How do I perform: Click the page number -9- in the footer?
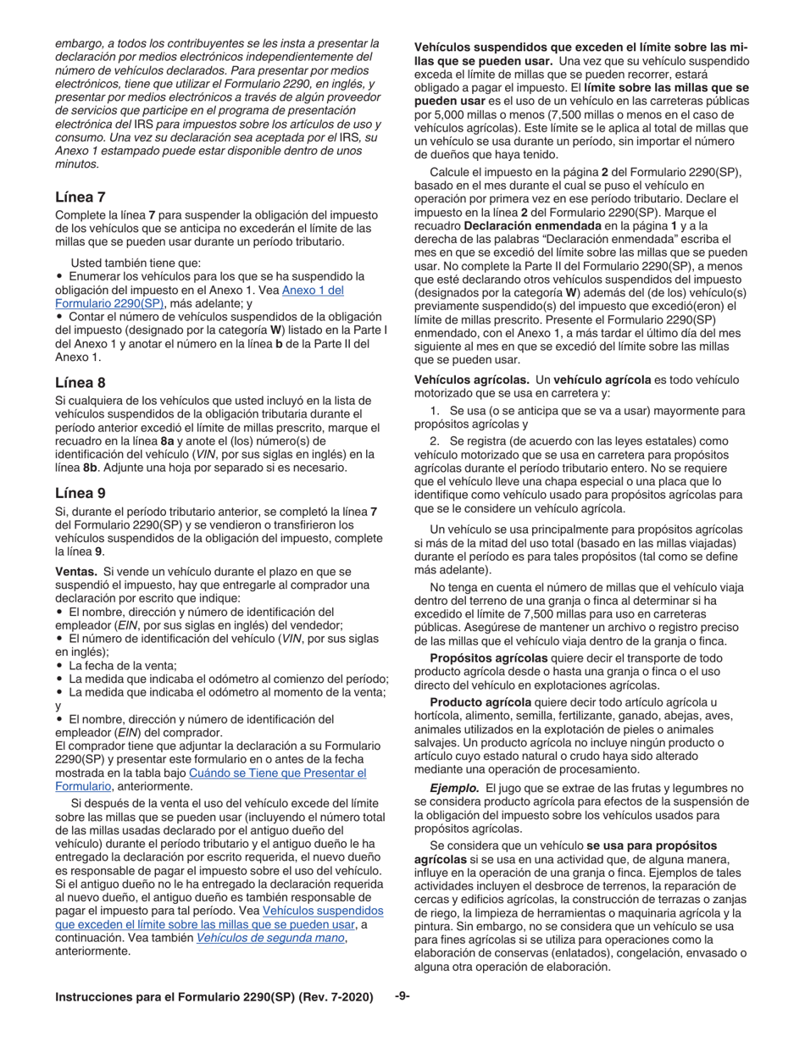click(402, 996)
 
